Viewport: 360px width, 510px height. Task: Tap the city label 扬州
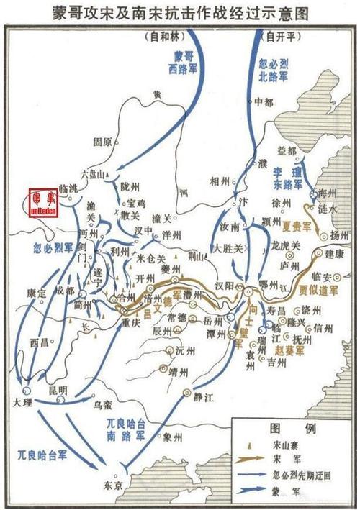point(338,236)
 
